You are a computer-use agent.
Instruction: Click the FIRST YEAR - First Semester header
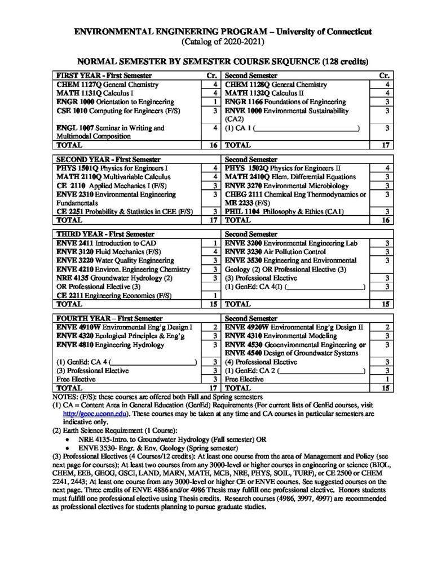105,76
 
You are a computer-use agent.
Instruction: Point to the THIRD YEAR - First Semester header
104,233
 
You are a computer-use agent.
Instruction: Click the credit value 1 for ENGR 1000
215,101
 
